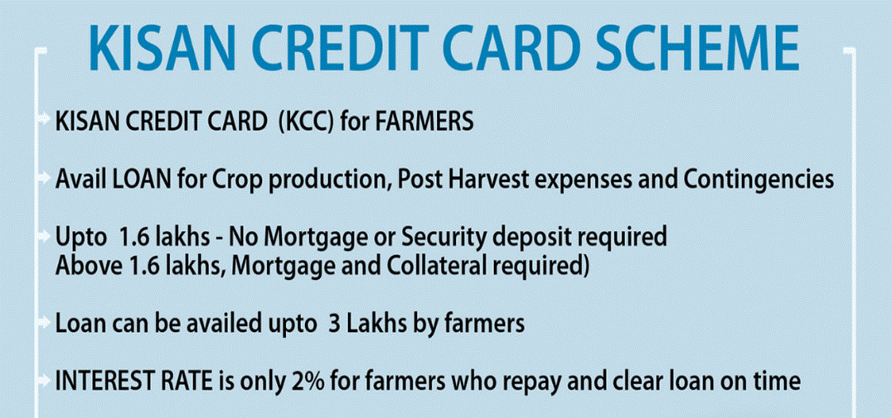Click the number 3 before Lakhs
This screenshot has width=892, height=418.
coord(334,324)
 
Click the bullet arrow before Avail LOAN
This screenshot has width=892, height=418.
coord(45,178)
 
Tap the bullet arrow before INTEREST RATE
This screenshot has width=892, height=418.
coord(45,381)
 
